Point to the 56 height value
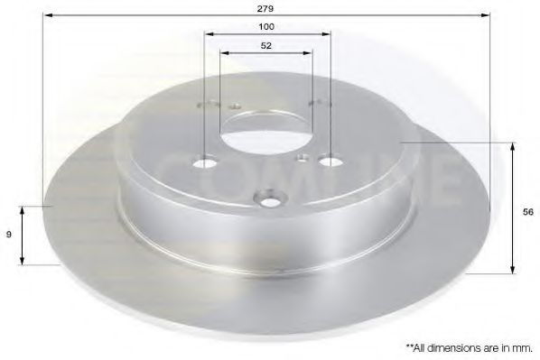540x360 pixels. click(x=527, y=212)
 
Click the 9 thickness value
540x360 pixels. click(x=10, y=234)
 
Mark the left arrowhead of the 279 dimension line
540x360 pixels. click(x=47, y=15)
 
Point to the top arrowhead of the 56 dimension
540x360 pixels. click(x=514, y=146)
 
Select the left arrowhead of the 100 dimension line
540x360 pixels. click(x=209, y=34)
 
